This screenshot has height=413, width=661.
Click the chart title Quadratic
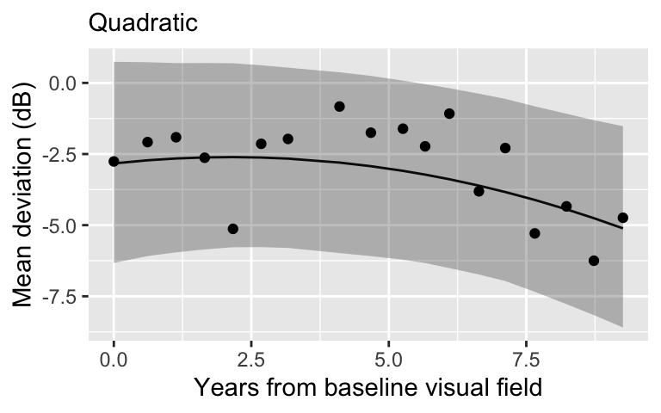(143, 22)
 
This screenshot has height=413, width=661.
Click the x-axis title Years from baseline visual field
(368, 387)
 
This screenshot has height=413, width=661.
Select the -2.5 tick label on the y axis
(59, 155)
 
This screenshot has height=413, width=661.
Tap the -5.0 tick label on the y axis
(59, 225)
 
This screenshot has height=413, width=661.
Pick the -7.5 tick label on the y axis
(59, 297)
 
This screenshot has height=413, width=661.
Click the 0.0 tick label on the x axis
(114, 356)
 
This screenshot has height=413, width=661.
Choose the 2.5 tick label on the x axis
(251, 356)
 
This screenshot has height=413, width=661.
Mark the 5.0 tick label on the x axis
(388, 356)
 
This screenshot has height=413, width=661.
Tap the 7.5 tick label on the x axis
(526, 356)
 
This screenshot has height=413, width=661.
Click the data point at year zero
(114, 161)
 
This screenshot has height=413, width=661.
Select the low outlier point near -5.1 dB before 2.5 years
(232, 229)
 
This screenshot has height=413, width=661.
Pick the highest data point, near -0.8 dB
(339, 107)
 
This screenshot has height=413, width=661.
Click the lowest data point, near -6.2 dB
(593, 261)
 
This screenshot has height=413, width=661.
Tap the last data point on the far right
(623, 218)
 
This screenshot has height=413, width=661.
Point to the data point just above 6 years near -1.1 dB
(449, 114)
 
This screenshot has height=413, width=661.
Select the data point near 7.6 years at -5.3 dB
(534, 233)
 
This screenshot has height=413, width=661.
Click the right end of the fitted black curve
(622, 229)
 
